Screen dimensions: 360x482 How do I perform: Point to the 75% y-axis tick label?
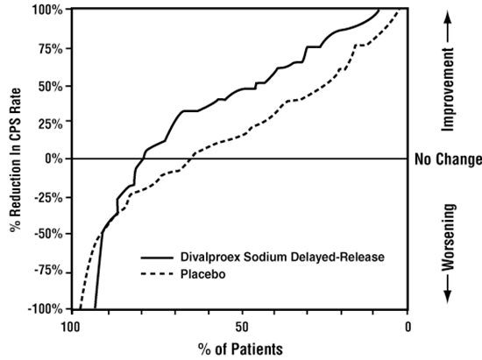[49, 48]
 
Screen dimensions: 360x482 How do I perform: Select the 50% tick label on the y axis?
[49, 86]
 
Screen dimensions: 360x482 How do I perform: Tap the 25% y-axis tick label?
[49, 122]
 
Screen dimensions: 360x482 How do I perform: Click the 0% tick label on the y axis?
[53, 159]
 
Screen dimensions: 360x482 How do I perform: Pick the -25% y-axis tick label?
[47, 196]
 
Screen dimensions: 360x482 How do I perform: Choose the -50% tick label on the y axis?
[47, 234]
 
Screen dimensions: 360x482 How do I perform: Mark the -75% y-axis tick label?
[47, 272]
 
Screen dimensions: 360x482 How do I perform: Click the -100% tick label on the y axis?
[45, 309]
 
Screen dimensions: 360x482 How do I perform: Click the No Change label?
[448, 159]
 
